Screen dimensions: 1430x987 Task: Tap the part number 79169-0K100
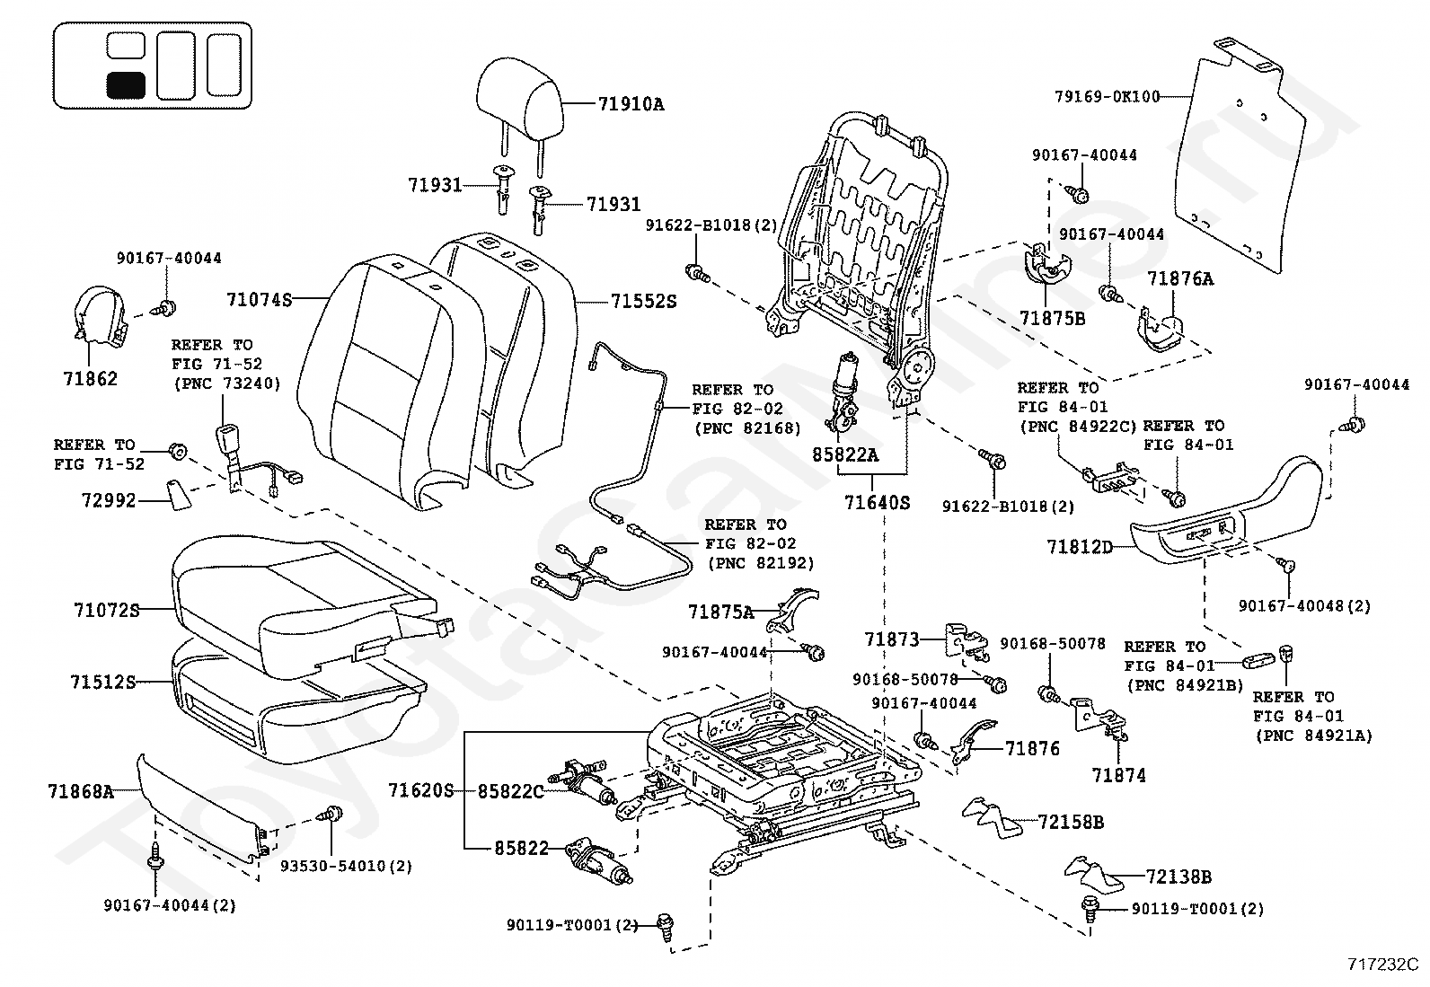point(1107,97)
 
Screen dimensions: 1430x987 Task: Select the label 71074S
point(260,299)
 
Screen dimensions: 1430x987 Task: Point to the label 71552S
point(643,302)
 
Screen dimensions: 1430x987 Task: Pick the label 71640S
point(878,503)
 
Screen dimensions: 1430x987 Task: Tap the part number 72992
point(110,500)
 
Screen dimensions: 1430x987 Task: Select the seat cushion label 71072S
point(107,611)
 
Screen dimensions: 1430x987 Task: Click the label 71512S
point(103,683)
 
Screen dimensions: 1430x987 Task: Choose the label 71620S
point(421,791)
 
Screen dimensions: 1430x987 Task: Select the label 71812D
point(1080,547)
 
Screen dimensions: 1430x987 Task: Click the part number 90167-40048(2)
point(1305,606)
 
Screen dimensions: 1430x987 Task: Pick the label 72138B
point(1178,877)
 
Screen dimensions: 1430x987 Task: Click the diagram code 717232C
point(1382,965)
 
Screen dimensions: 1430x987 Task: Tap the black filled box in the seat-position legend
point(126,85)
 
